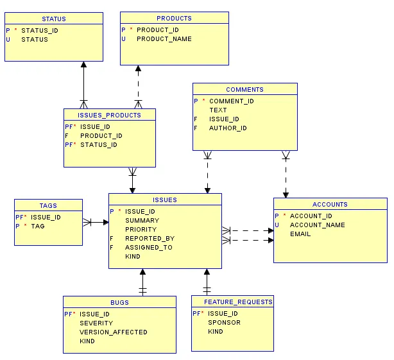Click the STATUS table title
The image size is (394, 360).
[54, 19]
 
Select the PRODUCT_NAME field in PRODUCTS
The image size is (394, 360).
[164, 39]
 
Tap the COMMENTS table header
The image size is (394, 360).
[244, 89]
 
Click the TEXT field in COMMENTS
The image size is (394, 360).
[218, 110]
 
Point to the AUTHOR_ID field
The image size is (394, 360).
[228, 128]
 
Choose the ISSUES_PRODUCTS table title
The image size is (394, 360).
[109, 115]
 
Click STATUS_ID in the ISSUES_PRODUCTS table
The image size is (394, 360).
[99, 144]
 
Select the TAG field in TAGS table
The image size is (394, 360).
[38, 226]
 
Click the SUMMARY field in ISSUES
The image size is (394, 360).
[142, 220]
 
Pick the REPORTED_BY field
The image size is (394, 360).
[150, 238]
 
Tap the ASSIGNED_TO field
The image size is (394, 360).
[148, 247]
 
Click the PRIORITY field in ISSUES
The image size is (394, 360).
[141, 229]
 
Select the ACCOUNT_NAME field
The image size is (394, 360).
[317, 225]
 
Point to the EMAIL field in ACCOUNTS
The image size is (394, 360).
[300, 234]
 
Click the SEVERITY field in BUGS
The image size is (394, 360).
[96, 323]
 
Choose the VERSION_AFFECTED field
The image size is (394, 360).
[113, 332]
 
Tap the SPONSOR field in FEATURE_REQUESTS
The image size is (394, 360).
[224, 322]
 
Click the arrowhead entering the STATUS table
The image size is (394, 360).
[83, 65]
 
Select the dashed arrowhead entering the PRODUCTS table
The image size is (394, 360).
[137, 69]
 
